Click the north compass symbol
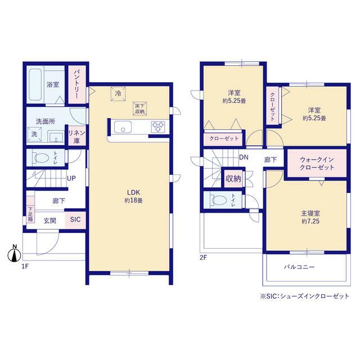14,254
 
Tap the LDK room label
134,192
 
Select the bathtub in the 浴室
35,84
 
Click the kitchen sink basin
123,127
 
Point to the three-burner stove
158,127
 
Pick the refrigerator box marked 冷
118,94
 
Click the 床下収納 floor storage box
139,109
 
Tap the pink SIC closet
75,220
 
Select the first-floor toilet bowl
42,158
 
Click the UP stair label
71,178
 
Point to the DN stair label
244,157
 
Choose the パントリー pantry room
77,84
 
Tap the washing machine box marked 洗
34,134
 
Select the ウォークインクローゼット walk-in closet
317,163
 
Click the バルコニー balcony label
299,267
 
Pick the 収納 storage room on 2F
233,178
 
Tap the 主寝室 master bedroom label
310,213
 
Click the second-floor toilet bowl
219,200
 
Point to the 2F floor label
203,258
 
